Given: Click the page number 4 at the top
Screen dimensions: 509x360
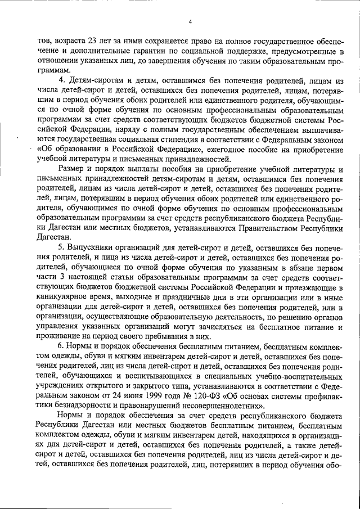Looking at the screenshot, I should pos(191,22).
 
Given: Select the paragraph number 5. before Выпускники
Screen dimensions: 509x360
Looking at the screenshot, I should pos(61,248).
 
